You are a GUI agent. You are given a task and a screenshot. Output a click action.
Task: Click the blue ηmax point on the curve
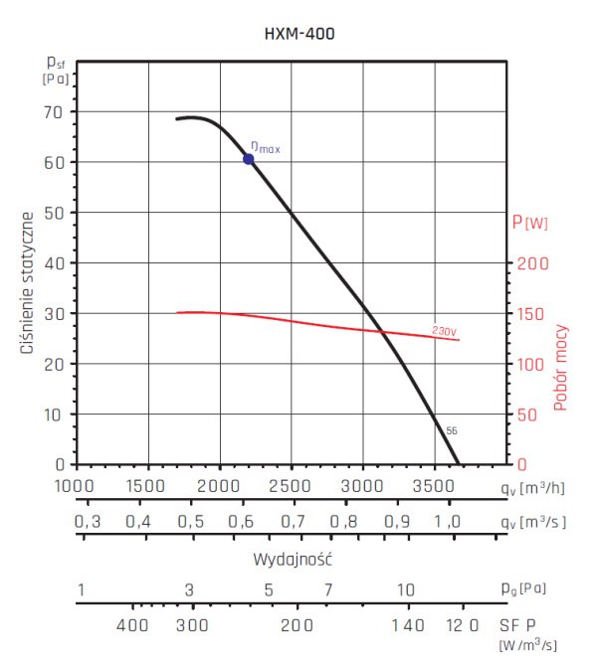click(x=249, y=159)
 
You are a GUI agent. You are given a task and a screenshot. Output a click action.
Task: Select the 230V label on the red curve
click(x=444, y=330)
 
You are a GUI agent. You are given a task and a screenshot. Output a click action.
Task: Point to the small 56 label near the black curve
click(x=452, y=430)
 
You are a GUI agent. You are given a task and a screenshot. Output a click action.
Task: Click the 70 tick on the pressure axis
click(x=53, y=111)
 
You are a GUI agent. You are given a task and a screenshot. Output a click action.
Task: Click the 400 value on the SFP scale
click(x=132, y=625)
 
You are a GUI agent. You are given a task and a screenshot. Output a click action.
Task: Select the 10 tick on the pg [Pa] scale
click(x=405, y=590)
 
